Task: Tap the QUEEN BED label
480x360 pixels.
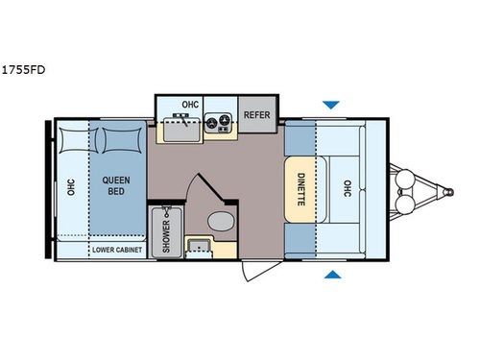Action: (118, 183)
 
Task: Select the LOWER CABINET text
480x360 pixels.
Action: (117, 251)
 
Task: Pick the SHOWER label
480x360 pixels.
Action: (165, 231)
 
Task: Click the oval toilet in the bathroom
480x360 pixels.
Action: (219, 222)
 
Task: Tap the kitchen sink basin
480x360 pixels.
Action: (179, 125)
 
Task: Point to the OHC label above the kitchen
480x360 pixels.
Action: (191, 105)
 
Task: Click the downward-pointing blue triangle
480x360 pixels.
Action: (331, 104)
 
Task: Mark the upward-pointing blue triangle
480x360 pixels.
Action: (331, 276)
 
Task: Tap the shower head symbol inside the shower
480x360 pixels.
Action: (168, 210)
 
